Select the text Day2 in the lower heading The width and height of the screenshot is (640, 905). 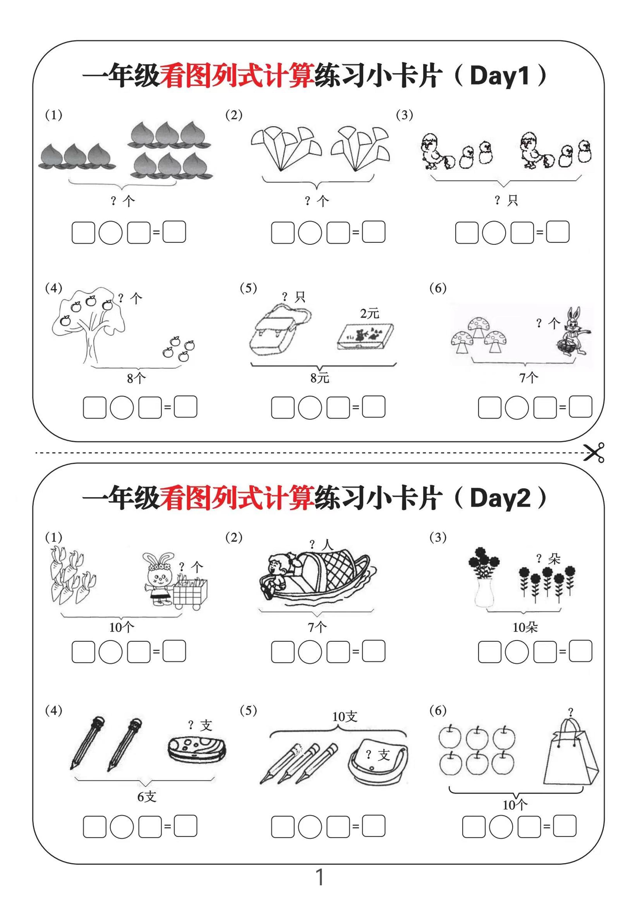499,498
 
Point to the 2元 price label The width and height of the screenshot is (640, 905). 369,313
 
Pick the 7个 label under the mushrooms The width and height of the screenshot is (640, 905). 528,378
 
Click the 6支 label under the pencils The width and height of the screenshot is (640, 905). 147,797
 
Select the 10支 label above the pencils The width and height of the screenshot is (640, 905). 344,717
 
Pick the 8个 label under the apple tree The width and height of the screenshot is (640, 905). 136,378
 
